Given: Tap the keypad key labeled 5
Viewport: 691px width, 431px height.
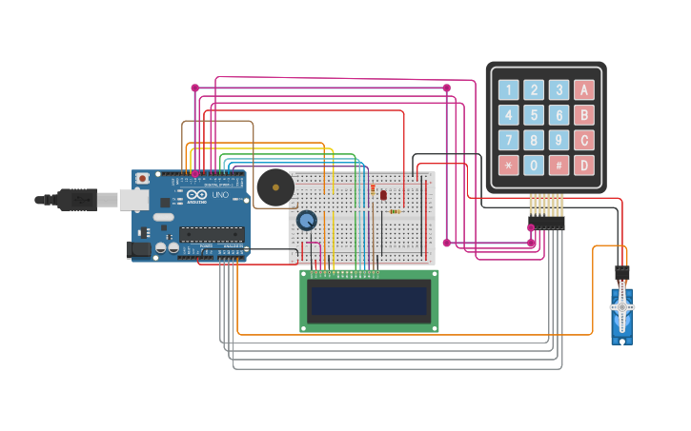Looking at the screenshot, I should pos(534,115).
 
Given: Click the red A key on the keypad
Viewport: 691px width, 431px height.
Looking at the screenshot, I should pos(583,90).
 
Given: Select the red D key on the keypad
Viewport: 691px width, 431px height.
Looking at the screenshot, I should pos(583,165).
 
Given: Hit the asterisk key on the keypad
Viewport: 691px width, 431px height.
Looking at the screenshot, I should pos(509,165).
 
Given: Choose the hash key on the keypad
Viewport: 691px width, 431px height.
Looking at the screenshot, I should pos(559,165).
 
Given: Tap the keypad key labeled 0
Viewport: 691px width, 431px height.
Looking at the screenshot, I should pos(534,165).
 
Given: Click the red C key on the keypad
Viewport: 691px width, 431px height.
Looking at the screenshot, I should pos(583,140).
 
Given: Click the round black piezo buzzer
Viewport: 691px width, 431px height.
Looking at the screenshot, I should pos(275,187).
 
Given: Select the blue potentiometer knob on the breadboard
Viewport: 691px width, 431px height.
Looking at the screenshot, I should pos(307,221).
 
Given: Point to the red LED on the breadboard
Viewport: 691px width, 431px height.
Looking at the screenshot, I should pos(383,195).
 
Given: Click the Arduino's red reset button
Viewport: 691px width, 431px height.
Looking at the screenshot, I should pos(143,178).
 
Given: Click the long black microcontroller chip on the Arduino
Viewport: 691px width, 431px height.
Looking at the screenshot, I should pos(211,234).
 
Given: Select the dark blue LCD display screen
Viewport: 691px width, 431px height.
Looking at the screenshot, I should pos(370,300).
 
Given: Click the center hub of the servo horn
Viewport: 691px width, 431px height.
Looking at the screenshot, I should pos(622,307).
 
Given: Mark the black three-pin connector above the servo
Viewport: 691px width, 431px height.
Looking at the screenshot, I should pos(622,272).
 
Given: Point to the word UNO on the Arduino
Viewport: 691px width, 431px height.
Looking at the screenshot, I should pos(218,195).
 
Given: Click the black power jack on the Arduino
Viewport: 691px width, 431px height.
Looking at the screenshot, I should pos(138,249).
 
